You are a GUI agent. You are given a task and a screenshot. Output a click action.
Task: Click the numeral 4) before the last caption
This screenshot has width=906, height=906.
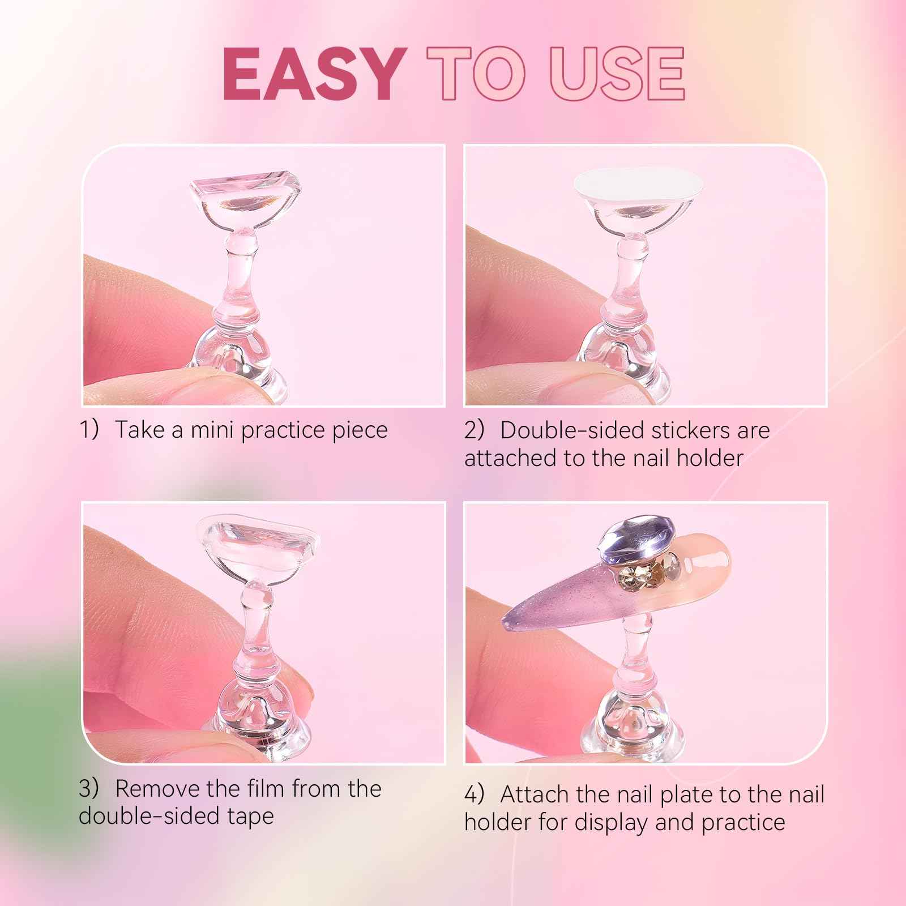pos(475,794)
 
